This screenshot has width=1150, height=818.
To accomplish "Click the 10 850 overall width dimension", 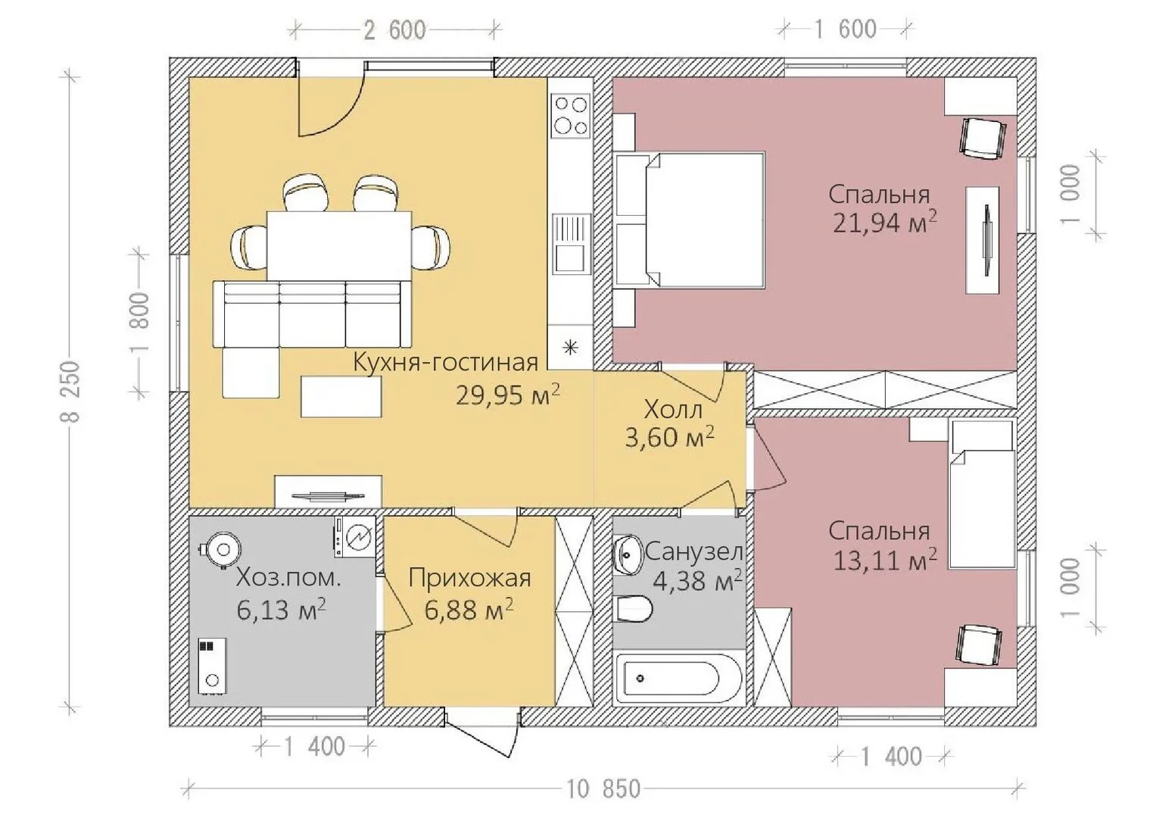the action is point(603,790).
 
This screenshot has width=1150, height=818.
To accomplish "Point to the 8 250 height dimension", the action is point(71,392).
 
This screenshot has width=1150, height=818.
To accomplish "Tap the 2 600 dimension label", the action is point(394,30).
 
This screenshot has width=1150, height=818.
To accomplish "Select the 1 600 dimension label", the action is point(846,30).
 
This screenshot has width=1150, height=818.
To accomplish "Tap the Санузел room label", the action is point(694,552).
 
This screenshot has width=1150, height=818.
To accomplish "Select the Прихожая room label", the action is point(469,579).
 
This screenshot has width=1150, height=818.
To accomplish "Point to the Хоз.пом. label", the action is point(288,579).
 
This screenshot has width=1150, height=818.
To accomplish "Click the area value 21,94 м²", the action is point(884,223).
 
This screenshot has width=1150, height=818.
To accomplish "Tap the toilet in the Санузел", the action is point(634,609).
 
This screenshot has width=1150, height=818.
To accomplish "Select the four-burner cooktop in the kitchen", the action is point(570,116).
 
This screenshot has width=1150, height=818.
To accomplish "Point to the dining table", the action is point(339,246).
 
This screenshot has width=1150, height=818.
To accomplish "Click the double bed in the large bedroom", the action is point(690,219).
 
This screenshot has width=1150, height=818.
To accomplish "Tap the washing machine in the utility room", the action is point(355,536).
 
